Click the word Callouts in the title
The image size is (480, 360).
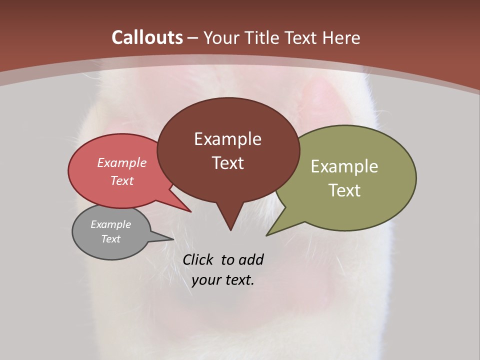point(147,37)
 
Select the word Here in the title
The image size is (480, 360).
point(341,37)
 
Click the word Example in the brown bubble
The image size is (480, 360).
point(227,139)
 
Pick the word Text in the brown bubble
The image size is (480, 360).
point(227,163)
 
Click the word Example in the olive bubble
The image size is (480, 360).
point(344,166)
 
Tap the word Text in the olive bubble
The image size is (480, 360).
point(344,190)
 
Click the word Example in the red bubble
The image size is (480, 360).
point(122,163)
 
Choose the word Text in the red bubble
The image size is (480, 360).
point(122,180)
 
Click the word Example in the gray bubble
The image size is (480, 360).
point(110,224)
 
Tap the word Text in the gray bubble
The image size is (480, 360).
point(110,239)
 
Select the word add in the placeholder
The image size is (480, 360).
point(251,259)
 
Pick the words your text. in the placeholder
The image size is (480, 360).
point(223,280)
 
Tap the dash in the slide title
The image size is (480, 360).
point(193,37)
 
